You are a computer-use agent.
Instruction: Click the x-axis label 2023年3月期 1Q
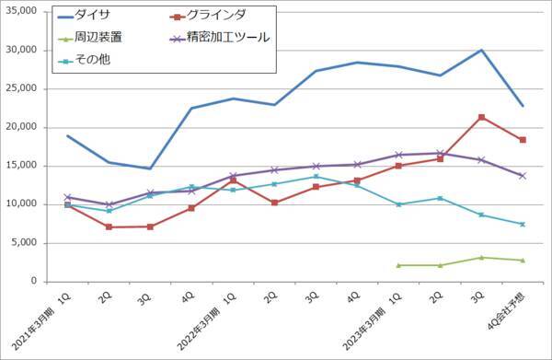376,318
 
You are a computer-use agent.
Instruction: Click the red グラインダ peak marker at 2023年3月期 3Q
481,117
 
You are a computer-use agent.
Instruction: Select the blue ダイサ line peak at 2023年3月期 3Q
481,50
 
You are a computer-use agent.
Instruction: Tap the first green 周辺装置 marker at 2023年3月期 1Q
397,265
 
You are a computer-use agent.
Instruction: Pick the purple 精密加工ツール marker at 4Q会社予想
523,175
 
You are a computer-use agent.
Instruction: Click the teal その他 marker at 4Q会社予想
523,224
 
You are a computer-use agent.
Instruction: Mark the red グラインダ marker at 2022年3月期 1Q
233,180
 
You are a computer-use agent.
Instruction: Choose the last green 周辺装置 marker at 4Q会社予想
523,261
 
